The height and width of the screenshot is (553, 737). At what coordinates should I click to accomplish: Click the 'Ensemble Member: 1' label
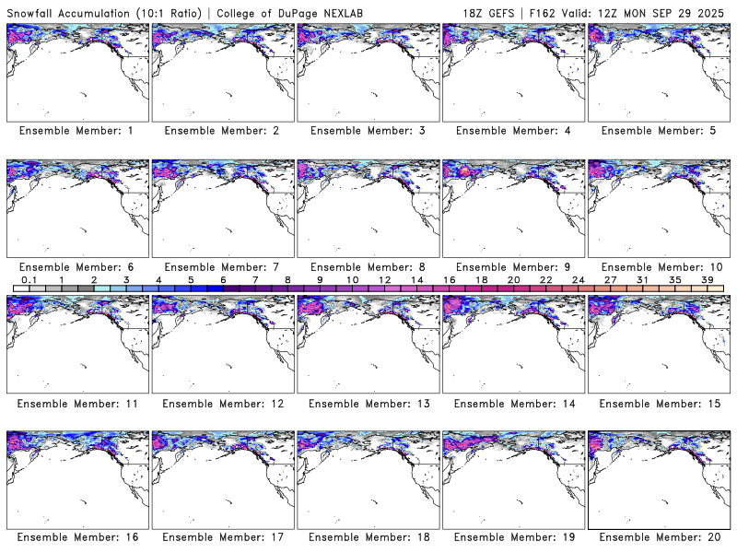point(76,131)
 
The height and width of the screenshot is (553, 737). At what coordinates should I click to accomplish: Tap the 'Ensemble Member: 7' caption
point(222,267)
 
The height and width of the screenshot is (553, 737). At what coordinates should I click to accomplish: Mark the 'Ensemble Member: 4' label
point(513,131)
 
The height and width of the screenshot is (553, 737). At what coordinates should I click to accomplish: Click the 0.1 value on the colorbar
point(29,279)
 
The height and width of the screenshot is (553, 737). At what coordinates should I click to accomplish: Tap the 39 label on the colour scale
point(708,279)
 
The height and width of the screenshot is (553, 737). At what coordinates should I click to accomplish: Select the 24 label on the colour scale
point(579,279)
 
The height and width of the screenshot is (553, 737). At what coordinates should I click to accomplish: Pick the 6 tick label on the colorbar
point(223,279)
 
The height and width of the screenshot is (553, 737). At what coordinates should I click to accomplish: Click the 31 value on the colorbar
point(643,279)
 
